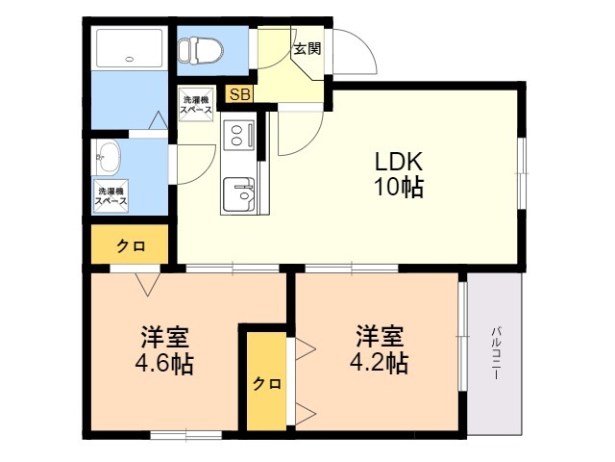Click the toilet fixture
point(200,51)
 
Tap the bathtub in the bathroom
point(129,48)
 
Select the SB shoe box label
point(239,94)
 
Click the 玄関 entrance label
point(307,49)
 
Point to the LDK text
point(399,162)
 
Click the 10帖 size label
point(400,187)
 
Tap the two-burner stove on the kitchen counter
point(238,135)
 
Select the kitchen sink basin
point(238,194)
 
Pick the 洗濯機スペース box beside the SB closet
point(196,104)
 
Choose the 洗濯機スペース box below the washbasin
point(111,196)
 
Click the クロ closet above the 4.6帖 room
point(130,244)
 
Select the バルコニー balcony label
point(496,352)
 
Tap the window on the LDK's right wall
point(522,173)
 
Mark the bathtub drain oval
point(129,60)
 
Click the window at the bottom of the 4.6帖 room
point(186,435)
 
